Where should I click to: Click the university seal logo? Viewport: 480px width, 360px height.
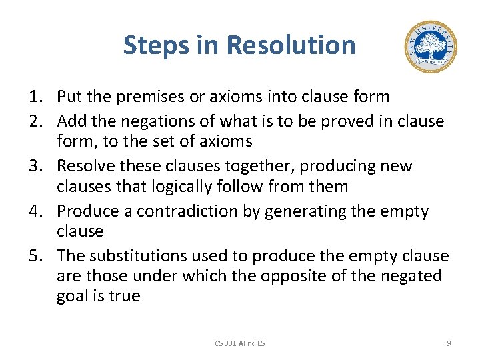[431, 47]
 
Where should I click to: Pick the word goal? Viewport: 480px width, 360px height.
[72, 296]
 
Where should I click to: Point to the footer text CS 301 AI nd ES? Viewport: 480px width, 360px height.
[239, 343]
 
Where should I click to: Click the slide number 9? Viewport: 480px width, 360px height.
[449, 343]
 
